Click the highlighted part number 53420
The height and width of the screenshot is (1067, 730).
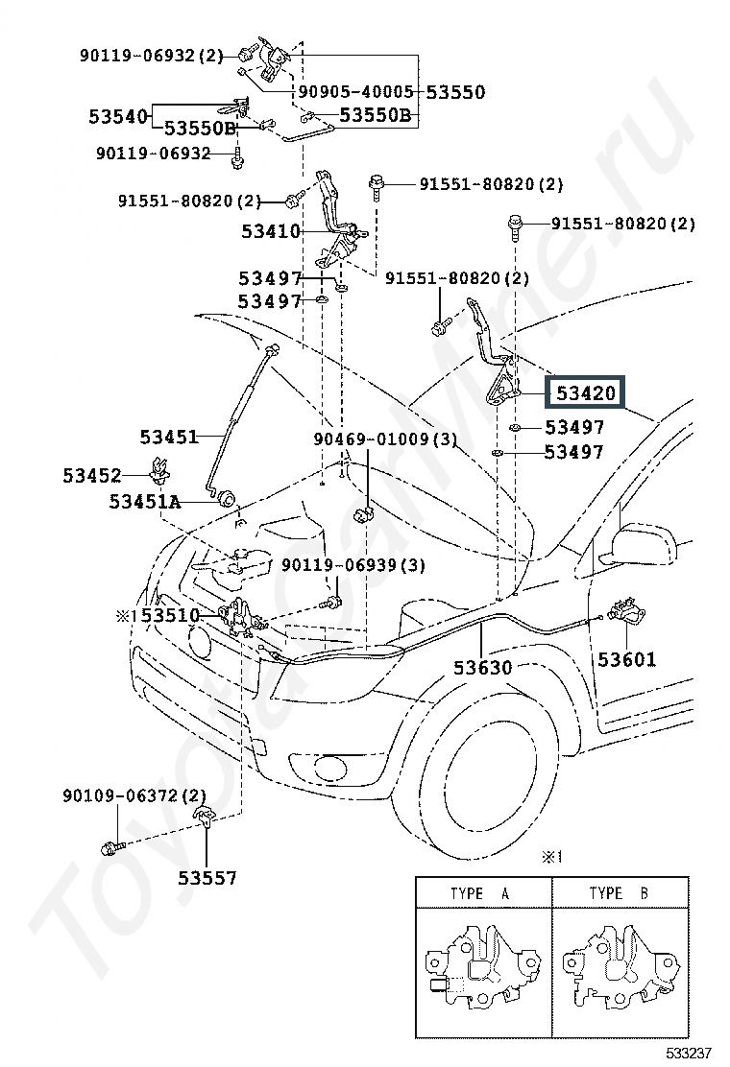coord(585,393)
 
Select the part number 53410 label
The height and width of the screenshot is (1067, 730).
coord(270,231)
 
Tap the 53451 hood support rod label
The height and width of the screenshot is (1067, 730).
coord(169,437)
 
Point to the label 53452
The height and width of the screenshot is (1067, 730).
coord(92,475)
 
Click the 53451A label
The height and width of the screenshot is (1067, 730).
coord(145,502)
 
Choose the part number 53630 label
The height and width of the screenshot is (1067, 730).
coord(483,668)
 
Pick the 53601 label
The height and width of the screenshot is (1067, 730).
coord(626,658)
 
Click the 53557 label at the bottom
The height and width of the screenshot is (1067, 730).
coord(207,878)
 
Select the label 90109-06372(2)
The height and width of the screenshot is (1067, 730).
coord(134,795)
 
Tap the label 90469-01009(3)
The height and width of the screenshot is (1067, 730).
coord(385,439)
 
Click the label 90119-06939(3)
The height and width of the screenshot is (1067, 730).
coord(353,565)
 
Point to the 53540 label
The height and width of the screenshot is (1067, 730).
coord(118,117)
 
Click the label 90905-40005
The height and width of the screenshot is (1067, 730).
coord(356,92)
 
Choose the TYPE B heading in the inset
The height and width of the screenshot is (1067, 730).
coord(619,893)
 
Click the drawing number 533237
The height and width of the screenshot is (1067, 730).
coord(689,1054)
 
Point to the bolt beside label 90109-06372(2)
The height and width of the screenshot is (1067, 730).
coord(111,848)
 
